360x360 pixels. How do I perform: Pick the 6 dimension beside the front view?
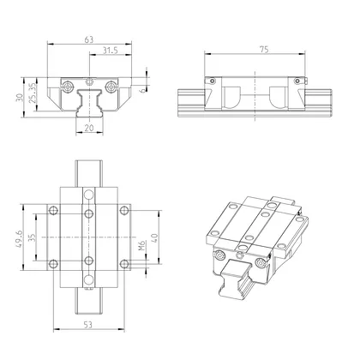tap(142, 86)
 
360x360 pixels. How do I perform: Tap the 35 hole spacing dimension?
tap(33, 236)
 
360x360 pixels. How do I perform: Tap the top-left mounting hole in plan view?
tap(53, 209)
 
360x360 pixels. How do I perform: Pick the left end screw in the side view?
tap(209, 81)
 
